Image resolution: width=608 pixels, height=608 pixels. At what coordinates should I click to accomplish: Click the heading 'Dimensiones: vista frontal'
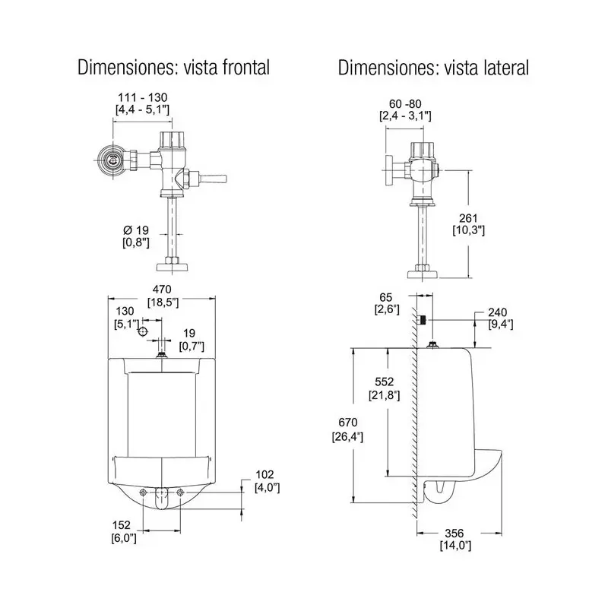coord(174,68)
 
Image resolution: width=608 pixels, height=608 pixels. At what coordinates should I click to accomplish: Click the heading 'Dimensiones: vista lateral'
coord(433,68)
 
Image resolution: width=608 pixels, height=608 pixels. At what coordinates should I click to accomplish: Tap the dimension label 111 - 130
coord(141,97)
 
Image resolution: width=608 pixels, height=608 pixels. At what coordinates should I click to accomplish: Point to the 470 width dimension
coord(162,290)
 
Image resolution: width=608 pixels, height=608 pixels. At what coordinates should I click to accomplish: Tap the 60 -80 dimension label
coord(405,103)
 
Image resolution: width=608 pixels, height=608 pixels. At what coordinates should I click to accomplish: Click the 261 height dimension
coord(468,217)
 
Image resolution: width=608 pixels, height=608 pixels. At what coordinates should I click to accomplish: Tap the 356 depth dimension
coord(454,533)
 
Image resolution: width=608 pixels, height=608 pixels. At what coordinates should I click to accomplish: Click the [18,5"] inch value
coord(162,302)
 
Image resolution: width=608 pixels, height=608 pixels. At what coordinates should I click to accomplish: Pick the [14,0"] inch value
coord(454,545)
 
